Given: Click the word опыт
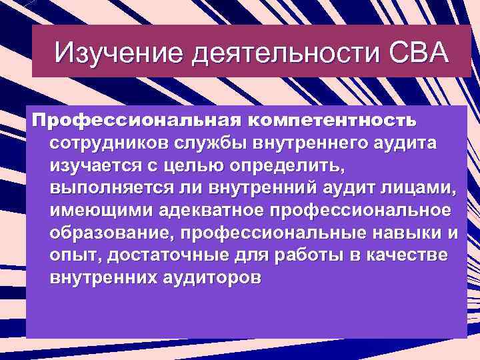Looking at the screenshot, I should [x=69, y=255].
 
